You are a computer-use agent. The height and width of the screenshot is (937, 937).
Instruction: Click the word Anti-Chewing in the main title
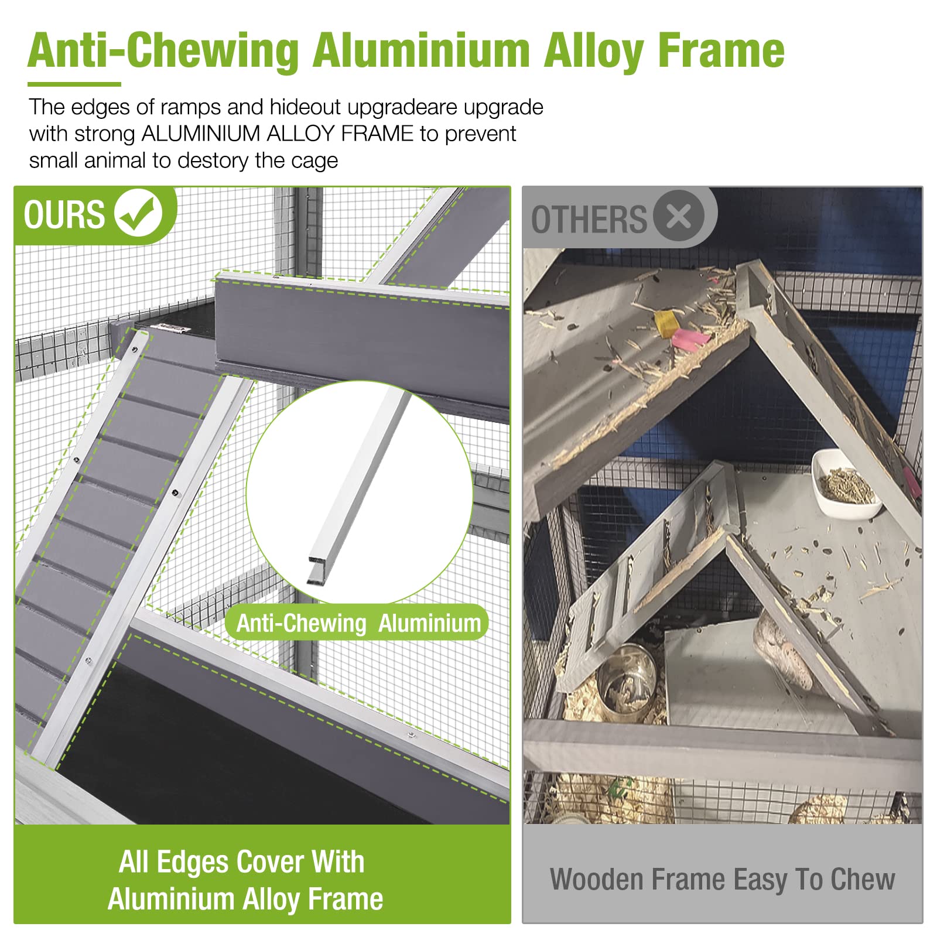coord(163,51)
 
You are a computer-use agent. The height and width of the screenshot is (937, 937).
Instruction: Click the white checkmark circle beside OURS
coord(139,213)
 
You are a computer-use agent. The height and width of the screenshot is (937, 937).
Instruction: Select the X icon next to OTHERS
coord(679,216)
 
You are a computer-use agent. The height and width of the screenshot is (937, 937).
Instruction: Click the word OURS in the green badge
coord(64,214)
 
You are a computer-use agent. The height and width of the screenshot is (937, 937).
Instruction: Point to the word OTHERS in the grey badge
coord(589,220)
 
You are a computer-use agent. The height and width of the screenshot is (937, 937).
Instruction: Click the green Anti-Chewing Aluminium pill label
coord(357,623)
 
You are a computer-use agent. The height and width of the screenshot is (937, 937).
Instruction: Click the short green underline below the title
coord(74,84)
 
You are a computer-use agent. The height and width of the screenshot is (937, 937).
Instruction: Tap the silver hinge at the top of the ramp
coord(170,329)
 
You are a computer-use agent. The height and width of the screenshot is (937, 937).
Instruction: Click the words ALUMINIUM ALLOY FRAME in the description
coord(278,134)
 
